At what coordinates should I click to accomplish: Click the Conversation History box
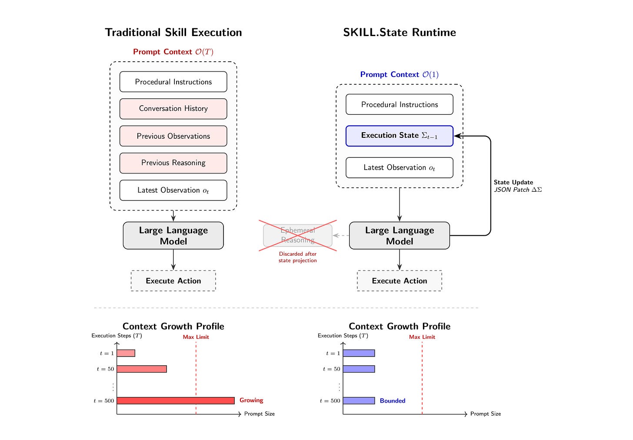click(x=173, y=109)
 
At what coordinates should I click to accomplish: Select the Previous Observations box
click(x=173, y=136)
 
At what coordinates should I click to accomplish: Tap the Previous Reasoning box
click(x=173, y=163)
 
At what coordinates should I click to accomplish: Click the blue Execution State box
click(x=399, y=136)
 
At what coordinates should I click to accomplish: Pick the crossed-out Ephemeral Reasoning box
click(x=297, y=235)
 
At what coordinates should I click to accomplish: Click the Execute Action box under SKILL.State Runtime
click(x=399, y=280)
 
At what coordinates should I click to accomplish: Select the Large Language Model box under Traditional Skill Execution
click(x=173, y=235)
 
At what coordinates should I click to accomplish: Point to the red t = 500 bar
click(x=176, y=400)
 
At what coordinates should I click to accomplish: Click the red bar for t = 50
click(x=142, y=369)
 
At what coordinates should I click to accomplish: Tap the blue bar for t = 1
click(x=359, y=353)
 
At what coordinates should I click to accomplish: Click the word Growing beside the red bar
click(x=251, y=400)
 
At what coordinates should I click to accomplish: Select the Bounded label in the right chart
click(x=393, y=400)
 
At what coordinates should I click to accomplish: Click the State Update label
click(x=513, y=182)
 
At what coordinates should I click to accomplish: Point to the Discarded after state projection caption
click(x=297, y=257)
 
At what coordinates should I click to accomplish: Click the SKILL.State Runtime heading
click(x=399, y=33)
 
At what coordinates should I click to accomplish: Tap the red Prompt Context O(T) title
click(x=173, y=52)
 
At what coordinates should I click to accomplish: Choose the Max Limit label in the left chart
click(x=196, y=337)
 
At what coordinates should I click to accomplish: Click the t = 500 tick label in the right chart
click(x=330, y=401)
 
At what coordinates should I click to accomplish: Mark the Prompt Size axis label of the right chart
click(x=486, y=414)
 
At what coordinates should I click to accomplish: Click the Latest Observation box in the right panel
click(x=399, y=167)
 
